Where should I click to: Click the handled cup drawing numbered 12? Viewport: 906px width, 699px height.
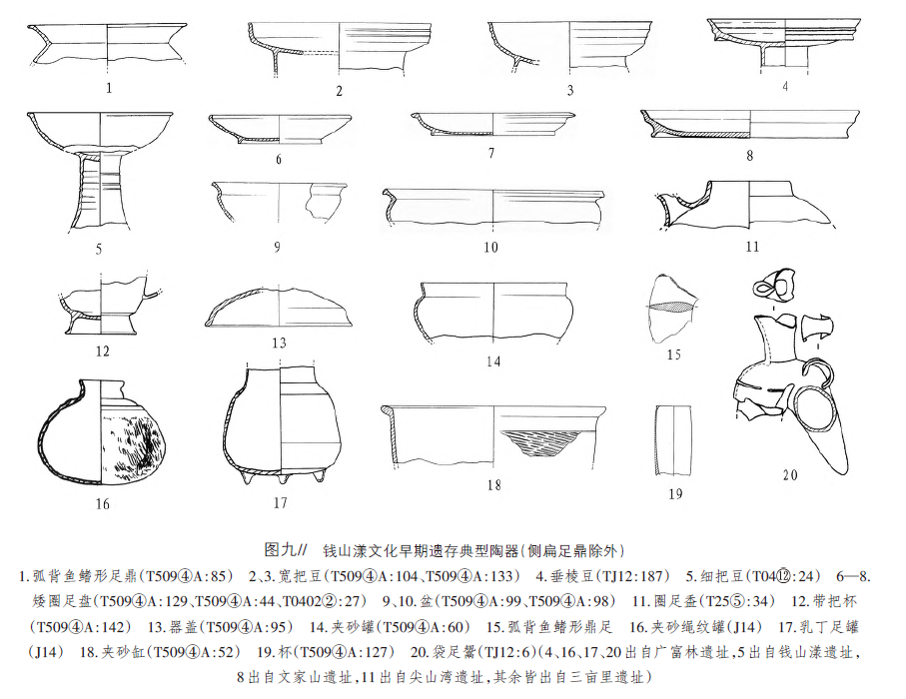(x=104, y=306)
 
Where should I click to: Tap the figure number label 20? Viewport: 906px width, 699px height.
(x=790, y=475)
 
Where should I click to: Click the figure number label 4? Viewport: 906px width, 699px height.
(x=786, y=86)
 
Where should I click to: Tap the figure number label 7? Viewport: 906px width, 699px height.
(x=492, y=154)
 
